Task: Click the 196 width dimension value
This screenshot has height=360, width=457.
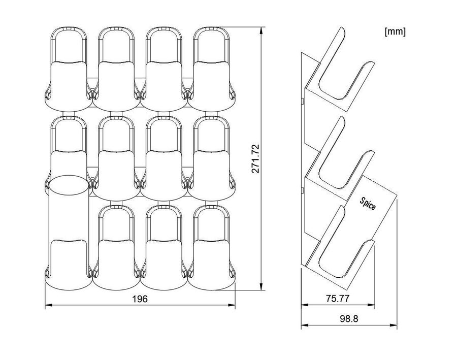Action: [140, 299]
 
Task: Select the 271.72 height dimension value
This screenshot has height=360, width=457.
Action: [255, 158]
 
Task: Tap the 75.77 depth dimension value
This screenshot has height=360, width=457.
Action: [338, 299]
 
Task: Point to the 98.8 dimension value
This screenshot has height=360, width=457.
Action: [349, 318]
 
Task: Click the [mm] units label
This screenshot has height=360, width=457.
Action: [395, 31]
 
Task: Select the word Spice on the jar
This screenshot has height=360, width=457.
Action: [368, 204]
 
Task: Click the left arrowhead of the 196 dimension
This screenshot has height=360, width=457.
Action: [48, 305]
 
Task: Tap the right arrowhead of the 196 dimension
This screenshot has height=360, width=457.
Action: [232, 305]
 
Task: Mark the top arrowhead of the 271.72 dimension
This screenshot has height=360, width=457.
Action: [261, 30]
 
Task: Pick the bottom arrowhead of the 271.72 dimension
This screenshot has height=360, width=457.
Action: [261, 286]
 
